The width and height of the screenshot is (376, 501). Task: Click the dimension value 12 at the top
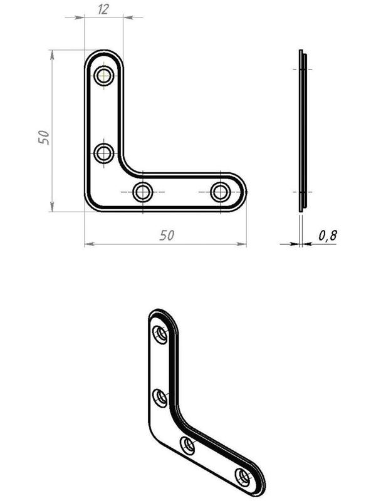103,9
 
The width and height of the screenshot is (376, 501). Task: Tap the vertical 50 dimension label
44,137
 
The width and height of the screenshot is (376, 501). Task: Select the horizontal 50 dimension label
167,235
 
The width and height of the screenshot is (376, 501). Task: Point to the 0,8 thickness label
328,236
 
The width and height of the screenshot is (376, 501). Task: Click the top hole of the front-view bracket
104,76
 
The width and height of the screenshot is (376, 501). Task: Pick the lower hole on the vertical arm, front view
104,153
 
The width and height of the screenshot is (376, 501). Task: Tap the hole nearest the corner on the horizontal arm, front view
143,192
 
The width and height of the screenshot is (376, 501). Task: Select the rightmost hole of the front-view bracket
221,192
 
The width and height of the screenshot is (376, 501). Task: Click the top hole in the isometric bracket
160,334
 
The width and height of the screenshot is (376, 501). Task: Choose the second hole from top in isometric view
160,398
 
